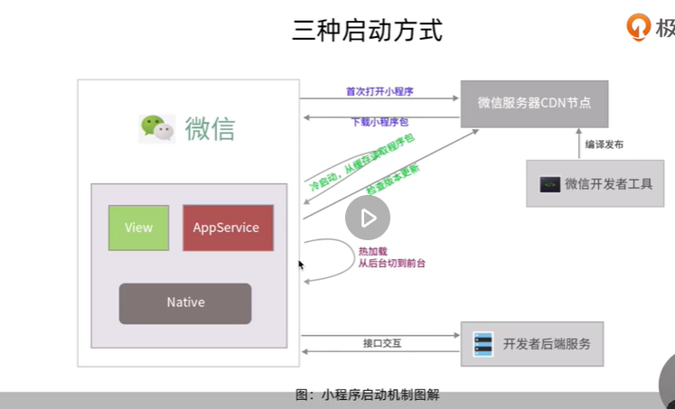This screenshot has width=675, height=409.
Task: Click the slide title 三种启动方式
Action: pos(367,31)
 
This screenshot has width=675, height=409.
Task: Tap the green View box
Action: pos(138,228)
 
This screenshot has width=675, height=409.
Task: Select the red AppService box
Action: pos(226,228)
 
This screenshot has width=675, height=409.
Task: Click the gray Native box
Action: pos(185,302)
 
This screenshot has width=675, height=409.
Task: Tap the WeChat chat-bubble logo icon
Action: pos(156,128)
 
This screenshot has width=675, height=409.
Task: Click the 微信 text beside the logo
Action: pos(210,129)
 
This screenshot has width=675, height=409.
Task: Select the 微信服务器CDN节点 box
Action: pos(533,104)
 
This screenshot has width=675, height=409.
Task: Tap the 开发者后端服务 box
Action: pos(532,344)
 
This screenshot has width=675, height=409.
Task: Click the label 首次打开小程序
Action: pos(379,91)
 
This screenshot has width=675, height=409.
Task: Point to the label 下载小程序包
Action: pos(380,122)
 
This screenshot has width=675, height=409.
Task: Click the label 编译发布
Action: pos(604,144)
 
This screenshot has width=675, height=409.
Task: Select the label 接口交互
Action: pos(380,343)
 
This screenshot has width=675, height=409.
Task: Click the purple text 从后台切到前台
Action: pos(391,264)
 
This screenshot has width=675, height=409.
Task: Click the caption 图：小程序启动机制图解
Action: pos(367,395)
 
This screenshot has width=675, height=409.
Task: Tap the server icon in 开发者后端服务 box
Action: pos(483,344)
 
